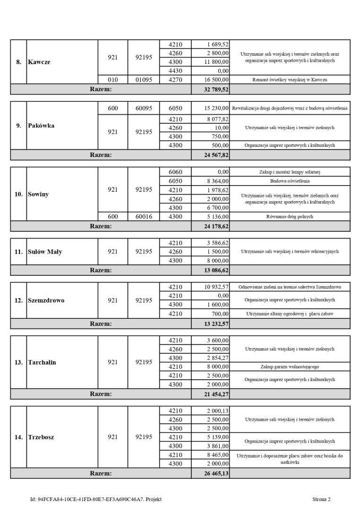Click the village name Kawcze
tap(39, 62)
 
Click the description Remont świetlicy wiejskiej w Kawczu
tap(290, 80)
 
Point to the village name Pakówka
tap(41, 126)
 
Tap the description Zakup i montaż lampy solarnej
tap(290, 172)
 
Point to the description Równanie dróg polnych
tap(290, 217)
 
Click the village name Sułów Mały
tap(45, 252)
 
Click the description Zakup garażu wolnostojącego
tap(290, 366)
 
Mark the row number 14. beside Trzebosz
tap(18, 437)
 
